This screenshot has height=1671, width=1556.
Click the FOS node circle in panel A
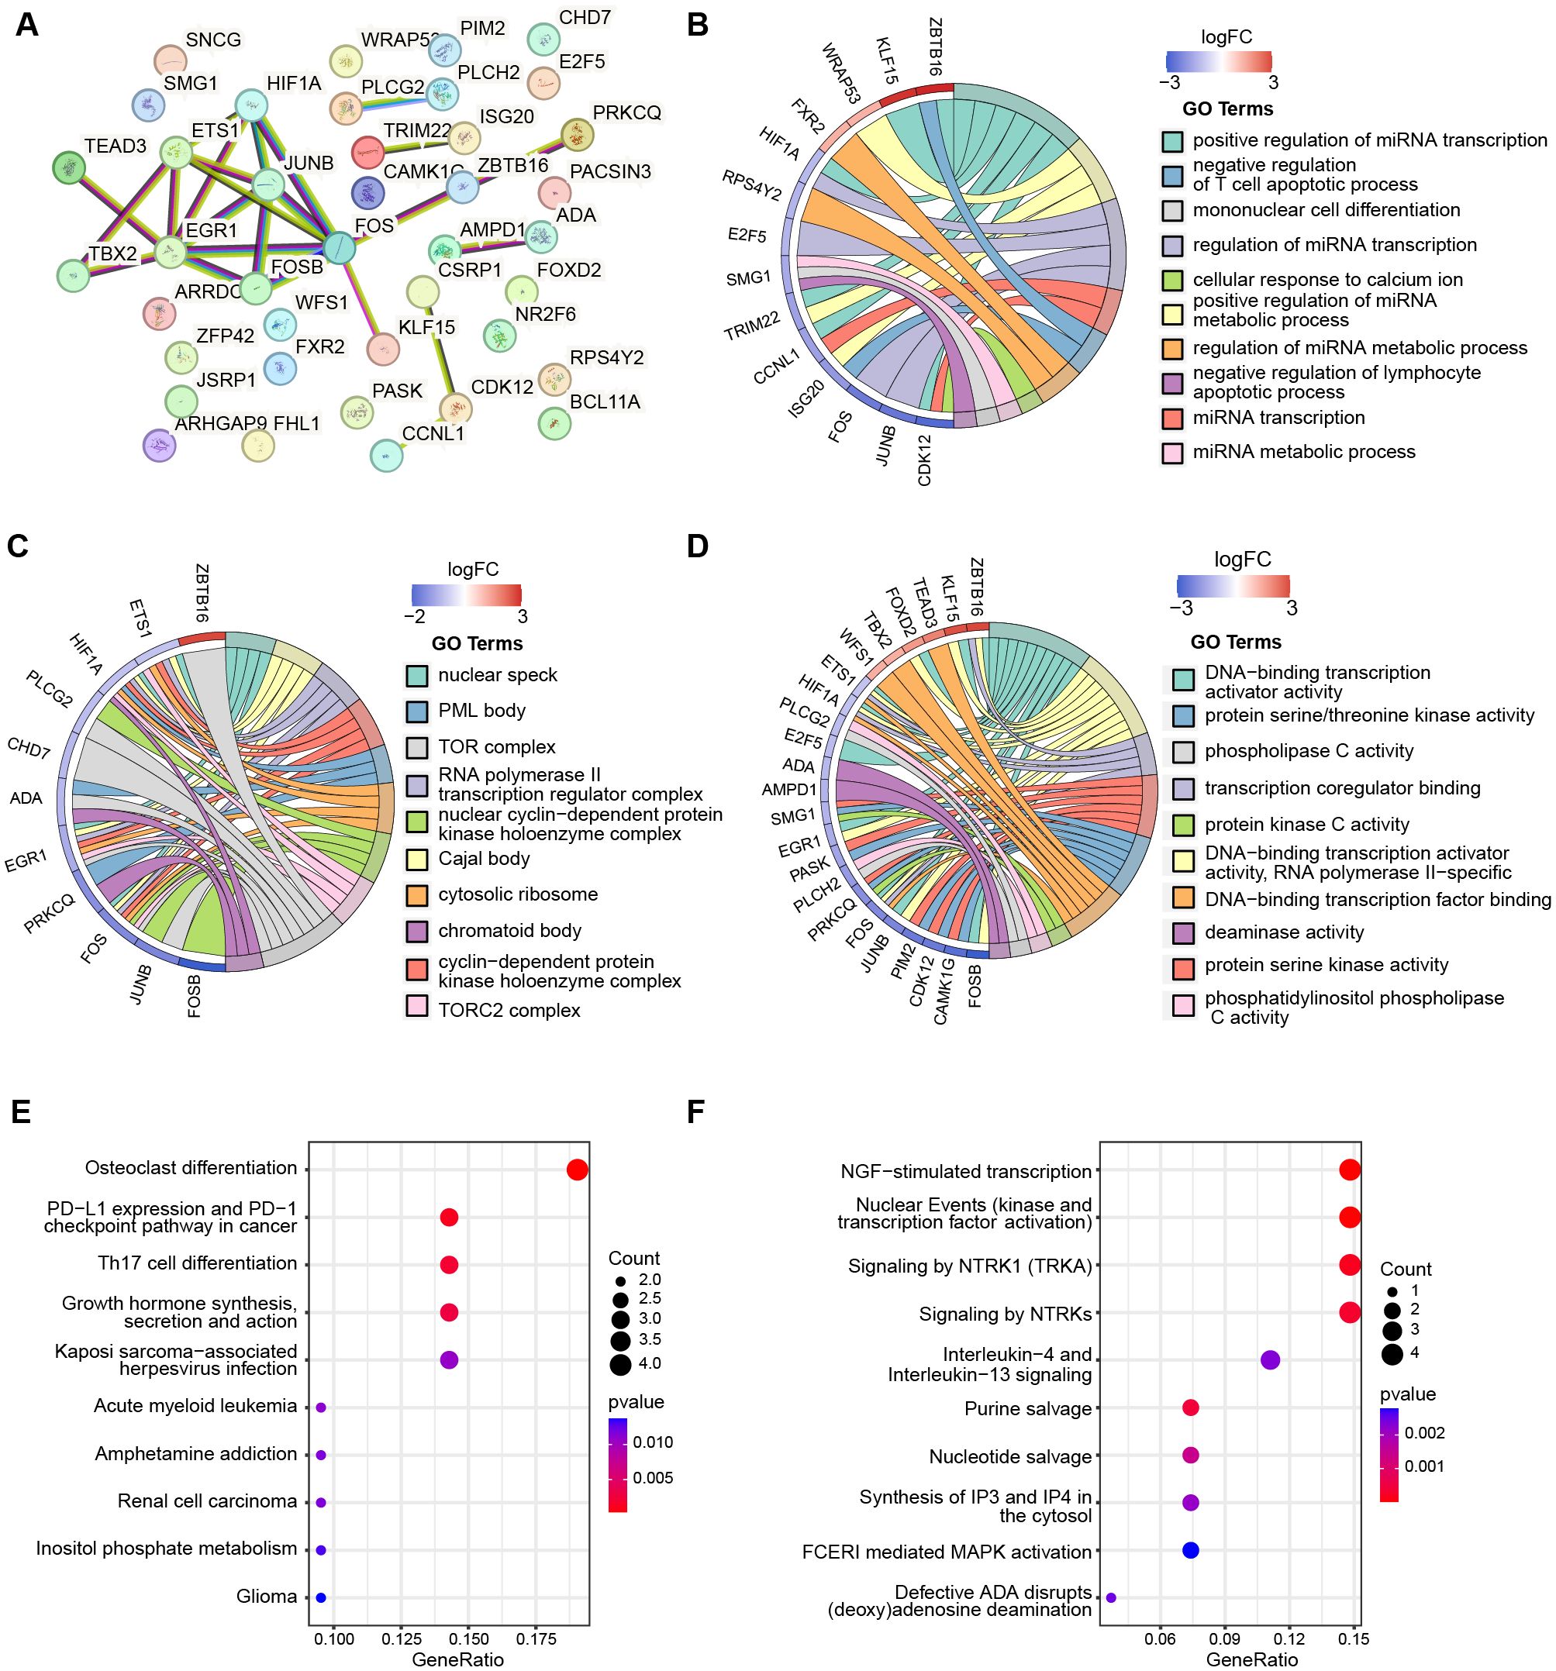[x=339, y=247]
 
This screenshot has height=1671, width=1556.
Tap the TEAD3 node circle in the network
[x=68, y=168]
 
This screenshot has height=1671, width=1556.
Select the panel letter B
[x=698, y=26]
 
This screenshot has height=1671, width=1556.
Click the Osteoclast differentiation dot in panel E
[x=577, y=1170]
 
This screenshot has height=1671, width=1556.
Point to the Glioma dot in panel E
[x=320, y=1597]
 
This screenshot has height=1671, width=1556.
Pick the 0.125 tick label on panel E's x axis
[x=402, y=1638]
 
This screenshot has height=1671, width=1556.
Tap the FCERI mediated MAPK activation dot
[x=1190, y=1550]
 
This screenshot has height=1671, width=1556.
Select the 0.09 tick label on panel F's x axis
[x=1225, y=1638]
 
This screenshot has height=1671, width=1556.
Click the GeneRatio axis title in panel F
[x=1251, y=1659]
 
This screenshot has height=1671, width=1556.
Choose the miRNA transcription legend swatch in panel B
[x=1171, y=418]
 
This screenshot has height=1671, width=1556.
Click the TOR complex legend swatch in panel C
[x=417, y=747]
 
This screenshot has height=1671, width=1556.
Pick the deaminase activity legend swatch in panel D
[x=1184, y=932]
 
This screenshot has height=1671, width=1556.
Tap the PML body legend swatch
[x=417, y=711]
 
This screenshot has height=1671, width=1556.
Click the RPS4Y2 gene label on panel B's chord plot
[x=751, y=185]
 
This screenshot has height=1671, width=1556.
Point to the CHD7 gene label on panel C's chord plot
[x=29, y=747]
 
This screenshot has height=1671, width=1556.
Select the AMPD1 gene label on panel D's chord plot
[x=788, y=789]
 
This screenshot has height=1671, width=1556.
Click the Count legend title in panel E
[x=634, y=1259]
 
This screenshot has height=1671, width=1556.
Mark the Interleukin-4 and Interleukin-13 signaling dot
[x=1270, y=1359]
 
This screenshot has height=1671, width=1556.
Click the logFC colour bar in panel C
[x=467, y=595]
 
